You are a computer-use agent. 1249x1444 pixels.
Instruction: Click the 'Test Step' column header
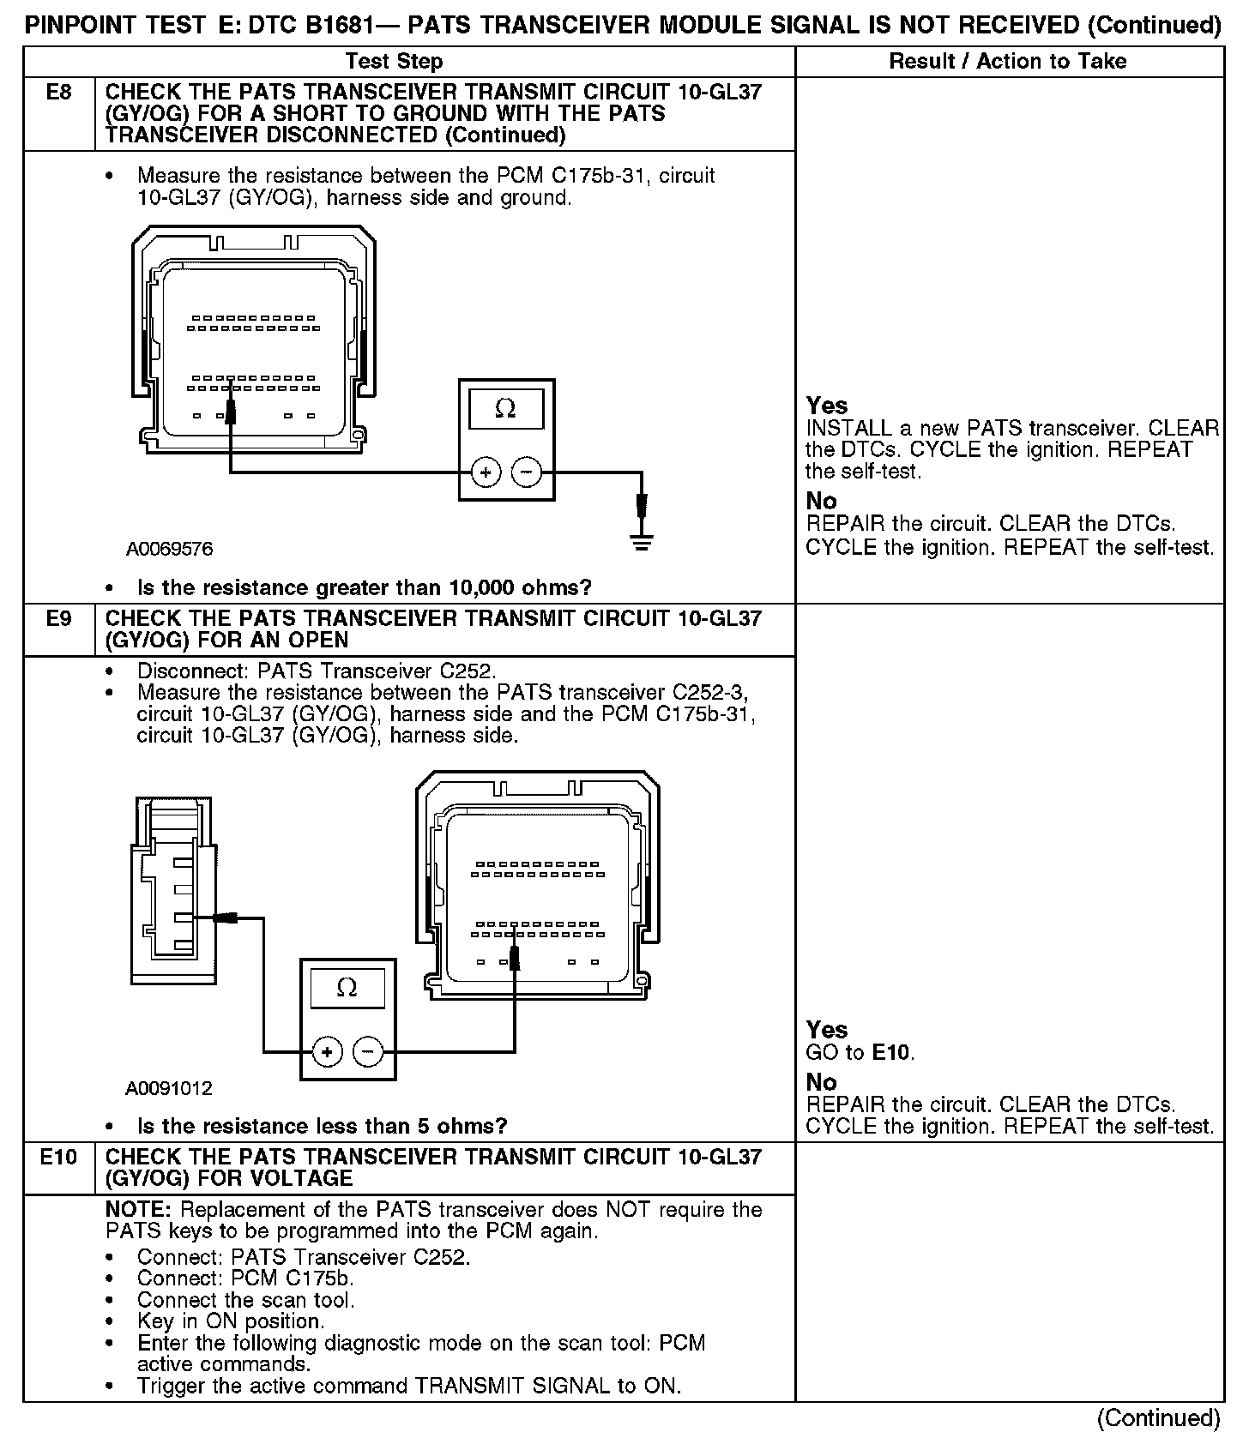tap(394, 61)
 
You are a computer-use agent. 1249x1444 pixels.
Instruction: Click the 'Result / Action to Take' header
tap(1007, 61)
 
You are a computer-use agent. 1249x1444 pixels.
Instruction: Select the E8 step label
tap(58, 92)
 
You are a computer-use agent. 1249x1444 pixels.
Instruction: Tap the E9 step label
tap(58, 618)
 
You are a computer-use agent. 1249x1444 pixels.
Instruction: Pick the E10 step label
tap(58, 1157)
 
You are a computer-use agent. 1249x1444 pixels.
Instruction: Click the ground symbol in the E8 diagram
tap(642, 542)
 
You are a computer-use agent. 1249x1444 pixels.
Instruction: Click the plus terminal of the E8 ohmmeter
tap(486, 472)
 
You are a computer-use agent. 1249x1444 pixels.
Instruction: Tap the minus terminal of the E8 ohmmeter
tap(527, 472)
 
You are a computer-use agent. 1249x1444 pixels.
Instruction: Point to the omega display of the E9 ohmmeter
tap(347, 988)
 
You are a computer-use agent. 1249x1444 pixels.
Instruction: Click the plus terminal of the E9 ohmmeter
tap(327, 1051)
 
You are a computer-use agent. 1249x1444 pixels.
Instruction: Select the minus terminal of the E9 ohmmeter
tap(368, 1051)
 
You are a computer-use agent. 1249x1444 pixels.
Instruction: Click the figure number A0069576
tap(169, 549)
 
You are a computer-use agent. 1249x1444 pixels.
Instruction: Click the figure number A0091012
tap(169, 1088)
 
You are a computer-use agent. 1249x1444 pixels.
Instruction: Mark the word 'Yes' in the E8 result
tap(827, 406)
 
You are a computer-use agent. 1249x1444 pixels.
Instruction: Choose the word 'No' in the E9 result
tap(821, 1082)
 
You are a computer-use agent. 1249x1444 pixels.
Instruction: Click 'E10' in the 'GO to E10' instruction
tap(891, 1052)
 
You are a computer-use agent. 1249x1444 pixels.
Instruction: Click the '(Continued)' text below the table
tap(1158, 1418)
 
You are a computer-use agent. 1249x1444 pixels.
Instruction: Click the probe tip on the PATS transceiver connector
tap(226, 918)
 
